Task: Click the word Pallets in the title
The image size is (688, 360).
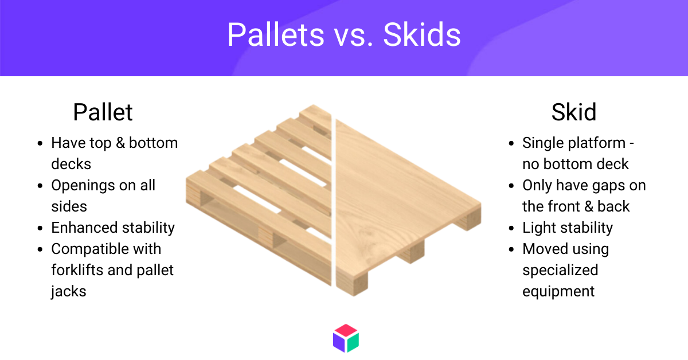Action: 276,34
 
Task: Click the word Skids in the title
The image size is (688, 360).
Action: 422,34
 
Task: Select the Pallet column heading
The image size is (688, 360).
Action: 103,112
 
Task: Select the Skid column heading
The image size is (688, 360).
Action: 574,112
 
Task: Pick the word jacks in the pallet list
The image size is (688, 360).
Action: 68,292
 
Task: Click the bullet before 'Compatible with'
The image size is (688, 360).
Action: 40,249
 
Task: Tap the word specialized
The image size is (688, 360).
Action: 560,271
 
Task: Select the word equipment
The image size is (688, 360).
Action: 558,292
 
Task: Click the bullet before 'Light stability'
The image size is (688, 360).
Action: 511,228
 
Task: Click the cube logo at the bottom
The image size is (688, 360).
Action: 346,338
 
